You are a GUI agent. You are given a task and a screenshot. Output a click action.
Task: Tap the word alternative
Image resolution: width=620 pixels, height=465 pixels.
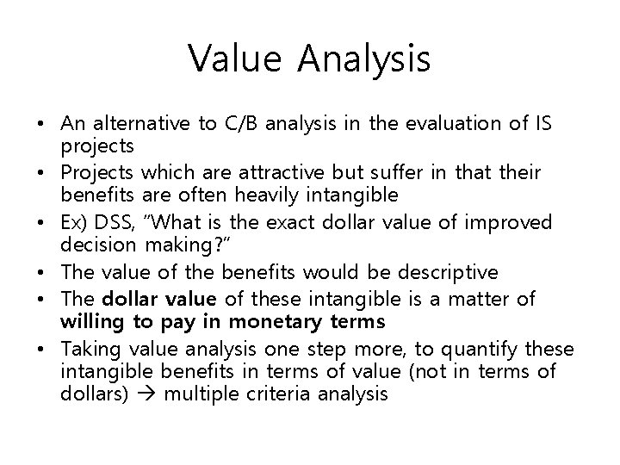point(138,123)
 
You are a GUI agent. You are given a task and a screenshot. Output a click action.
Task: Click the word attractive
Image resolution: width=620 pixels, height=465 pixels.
point(253,173)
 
